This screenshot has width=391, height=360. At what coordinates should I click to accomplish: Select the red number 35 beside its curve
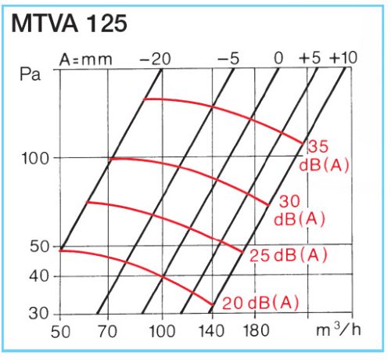tap(317, 146)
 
